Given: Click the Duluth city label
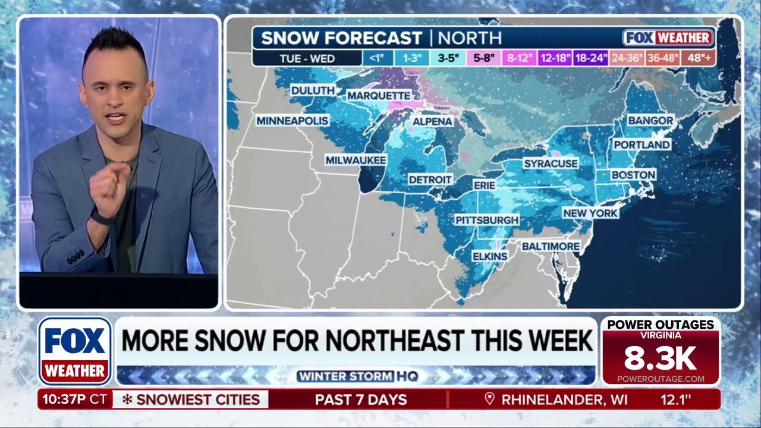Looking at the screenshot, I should point(313,90).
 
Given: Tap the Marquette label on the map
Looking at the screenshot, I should point(379,96).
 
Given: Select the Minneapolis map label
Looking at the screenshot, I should point(292,121).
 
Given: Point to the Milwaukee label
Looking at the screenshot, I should point(356,160).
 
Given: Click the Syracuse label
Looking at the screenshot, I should point(551,163).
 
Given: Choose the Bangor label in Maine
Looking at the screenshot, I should point(650,121).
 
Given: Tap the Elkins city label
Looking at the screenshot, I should point(490,256).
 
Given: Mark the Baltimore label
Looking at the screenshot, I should point(551,246).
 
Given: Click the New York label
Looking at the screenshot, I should point(590,213).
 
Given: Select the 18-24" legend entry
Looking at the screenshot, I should point(591,58).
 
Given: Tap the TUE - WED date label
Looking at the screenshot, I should point(307,58).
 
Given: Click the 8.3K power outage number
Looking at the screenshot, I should point(660,358).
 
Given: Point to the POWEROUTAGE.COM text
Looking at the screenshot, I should point(661,379).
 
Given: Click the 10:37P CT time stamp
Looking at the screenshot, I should point(74,399).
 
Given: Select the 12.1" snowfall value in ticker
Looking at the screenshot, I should point(676,399).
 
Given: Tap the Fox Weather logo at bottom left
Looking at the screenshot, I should point(75,351).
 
